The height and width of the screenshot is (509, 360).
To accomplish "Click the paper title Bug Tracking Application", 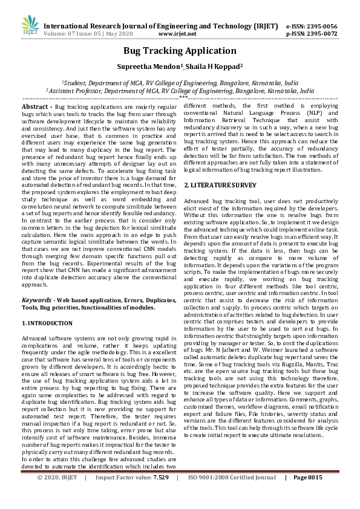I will (x=180, y=51).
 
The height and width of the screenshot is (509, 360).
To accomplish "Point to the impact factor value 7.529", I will (x=160, y=494).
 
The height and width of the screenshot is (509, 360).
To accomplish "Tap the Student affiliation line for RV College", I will (x=180, y=82).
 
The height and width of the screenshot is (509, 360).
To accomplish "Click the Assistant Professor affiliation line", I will (x=180, y=90).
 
